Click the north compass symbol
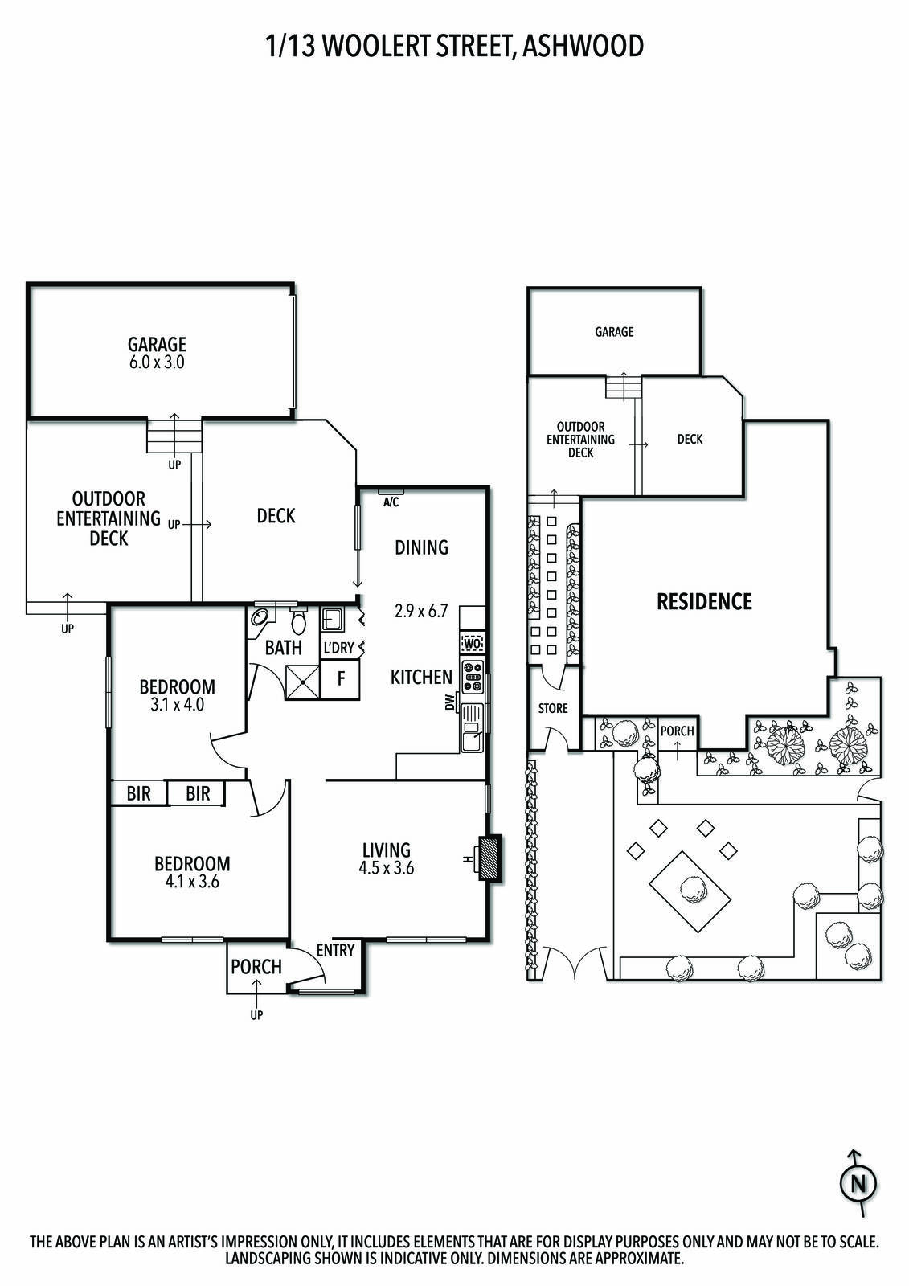(858, 1184)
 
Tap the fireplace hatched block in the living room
(490, 858)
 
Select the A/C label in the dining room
(391, 502)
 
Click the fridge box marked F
(341, 679)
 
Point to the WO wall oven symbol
(472, 643)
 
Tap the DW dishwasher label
(449, 702)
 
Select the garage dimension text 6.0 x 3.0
(157, 362)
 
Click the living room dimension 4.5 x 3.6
(387, 867)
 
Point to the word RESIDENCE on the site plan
(704, 601)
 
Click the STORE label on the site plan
(553, 708)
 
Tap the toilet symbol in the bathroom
(298, 620)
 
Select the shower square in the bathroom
(303, 682)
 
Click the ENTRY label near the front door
(335, 950)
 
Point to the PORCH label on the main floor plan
(256, 968)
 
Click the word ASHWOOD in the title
(583, 46)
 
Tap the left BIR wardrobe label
(138, 794)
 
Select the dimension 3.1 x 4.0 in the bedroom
(177, 704)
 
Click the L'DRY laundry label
(338, 648)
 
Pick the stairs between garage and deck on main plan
(174, 436)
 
